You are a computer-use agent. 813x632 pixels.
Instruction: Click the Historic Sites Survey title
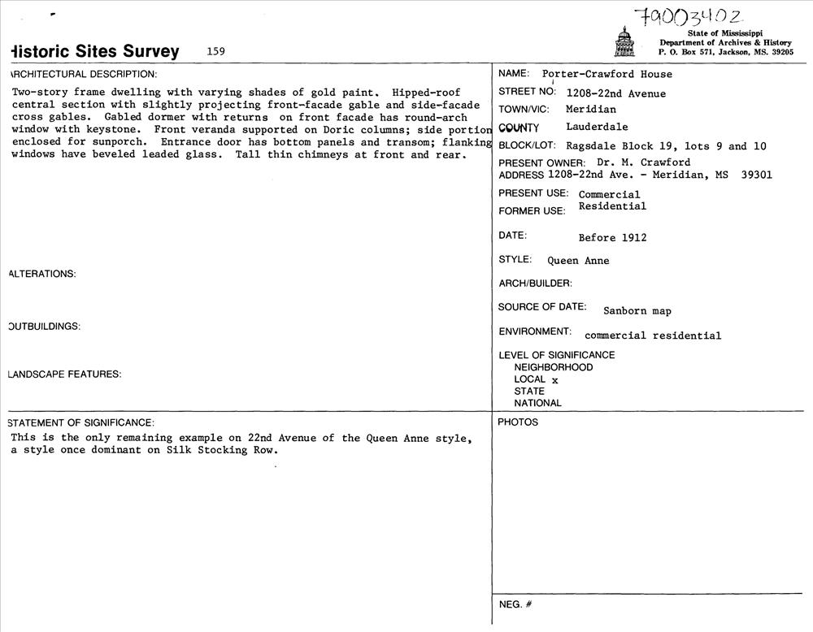click(93, 51)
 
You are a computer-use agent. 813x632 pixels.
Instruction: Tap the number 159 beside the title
click(215, 51)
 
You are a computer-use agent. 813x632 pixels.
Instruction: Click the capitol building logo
click(624, 42)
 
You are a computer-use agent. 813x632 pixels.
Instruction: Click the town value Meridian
click(591, 110)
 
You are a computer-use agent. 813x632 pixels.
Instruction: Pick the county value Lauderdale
click(597, 127)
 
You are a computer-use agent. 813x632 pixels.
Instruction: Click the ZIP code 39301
click(757, 175)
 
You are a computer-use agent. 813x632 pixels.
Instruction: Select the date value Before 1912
click(612, 238)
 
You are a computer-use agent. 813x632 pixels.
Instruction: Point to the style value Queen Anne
click(578, 261)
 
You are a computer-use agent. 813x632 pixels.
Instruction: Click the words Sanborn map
click(637, 311)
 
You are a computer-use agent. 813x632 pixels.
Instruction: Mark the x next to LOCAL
click(555, 379)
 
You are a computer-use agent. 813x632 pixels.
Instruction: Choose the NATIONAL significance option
click(537, 403)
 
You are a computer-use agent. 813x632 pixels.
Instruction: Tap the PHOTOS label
click(518, 422)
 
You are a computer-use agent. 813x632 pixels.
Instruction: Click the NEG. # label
click(515, 604)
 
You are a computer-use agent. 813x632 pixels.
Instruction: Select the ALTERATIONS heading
click(41, 274)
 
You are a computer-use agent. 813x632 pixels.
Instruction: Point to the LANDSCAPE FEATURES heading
click(64, 374)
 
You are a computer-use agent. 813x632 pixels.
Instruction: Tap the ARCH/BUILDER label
click(535, 284)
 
